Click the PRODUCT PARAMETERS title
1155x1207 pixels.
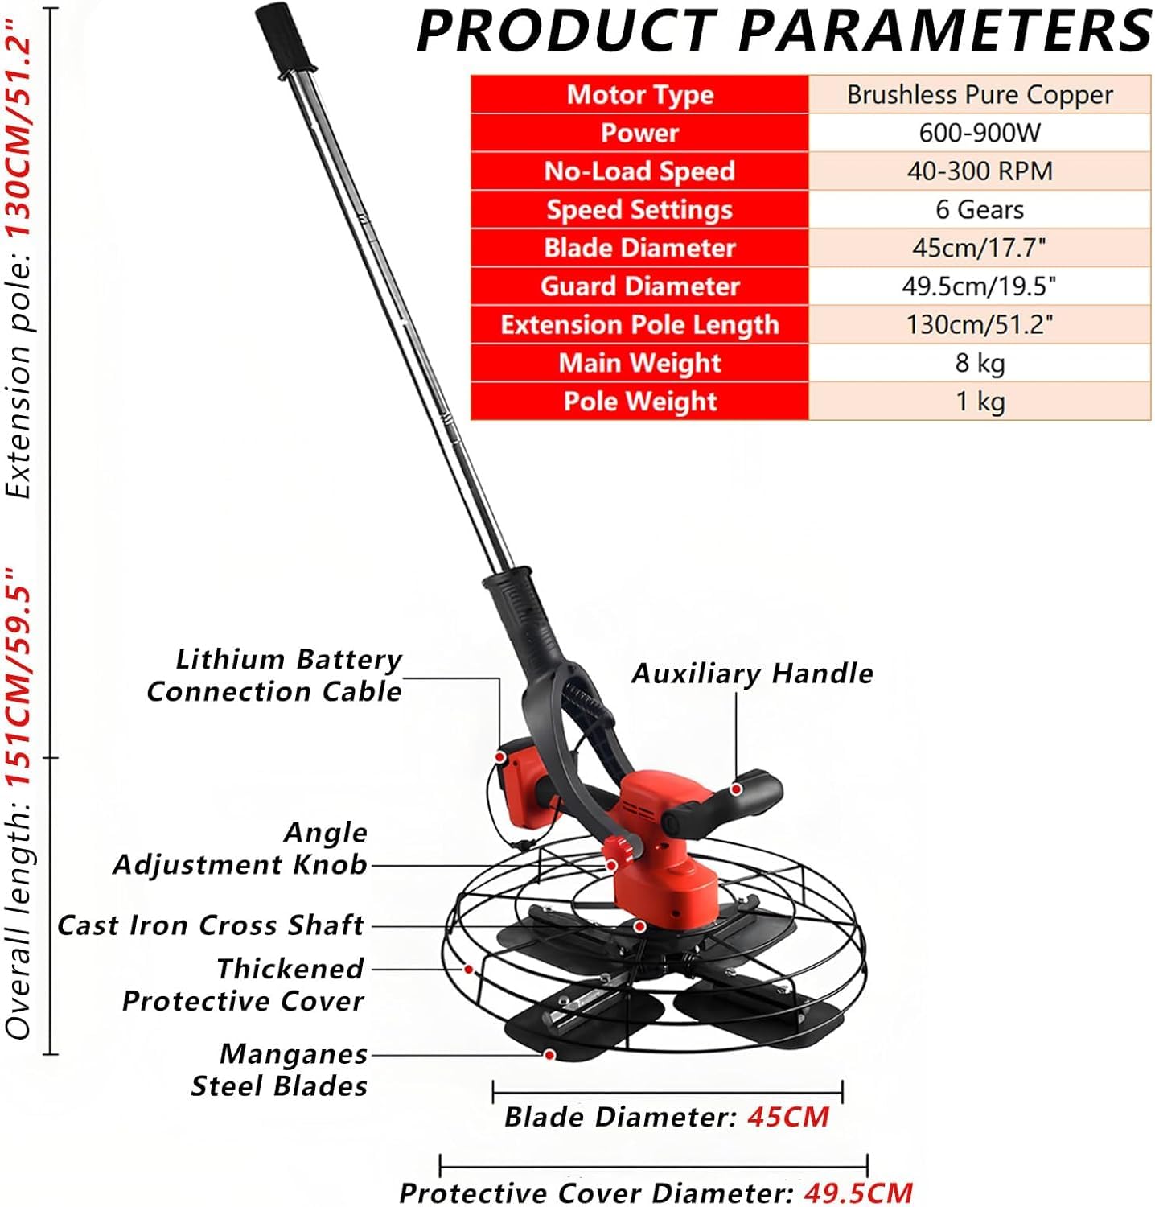(784, 31)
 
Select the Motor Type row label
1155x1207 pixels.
(639, 94)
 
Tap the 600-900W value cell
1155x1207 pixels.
(980, 133)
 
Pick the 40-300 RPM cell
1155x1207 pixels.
(980, 171)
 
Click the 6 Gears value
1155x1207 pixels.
(980, 209)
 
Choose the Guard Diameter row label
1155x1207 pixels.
(639, 286)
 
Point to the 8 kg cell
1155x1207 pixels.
(980, 363)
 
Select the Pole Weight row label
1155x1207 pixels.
(639, 401)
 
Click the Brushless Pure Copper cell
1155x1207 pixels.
(980, 94)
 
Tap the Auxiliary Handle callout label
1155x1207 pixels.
(752, 674)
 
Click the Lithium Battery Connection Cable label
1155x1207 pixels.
(274, 676)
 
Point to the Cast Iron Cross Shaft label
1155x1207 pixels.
(211, 925)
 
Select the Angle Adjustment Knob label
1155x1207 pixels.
(240, 849)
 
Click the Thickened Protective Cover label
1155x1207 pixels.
(244, 985)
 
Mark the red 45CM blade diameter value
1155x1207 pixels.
(788, 1117)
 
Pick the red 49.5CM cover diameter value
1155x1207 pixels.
(858, 1192)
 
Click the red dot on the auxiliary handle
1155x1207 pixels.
(736, 790)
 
